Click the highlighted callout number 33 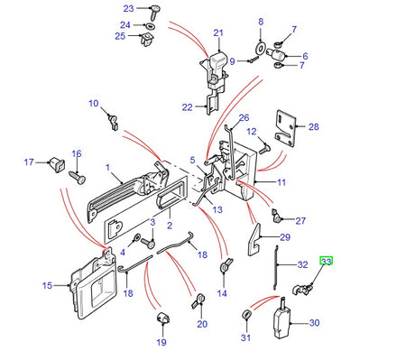coord(327,262)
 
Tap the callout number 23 coord(128,9)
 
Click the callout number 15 coord(47,286)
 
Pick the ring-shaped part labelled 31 coord(246,314)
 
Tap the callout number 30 coord(314,322)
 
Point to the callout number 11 coord(281,182)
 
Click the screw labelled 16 coord(78,178)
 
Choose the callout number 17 coord(28,162)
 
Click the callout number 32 coord(303,265)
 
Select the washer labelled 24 coord(150,24)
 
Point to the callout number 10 coord(93,104)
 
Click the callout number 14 coord(223,293)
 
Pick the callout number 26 coord(243,117)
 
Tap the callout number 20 coord(201,324)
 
